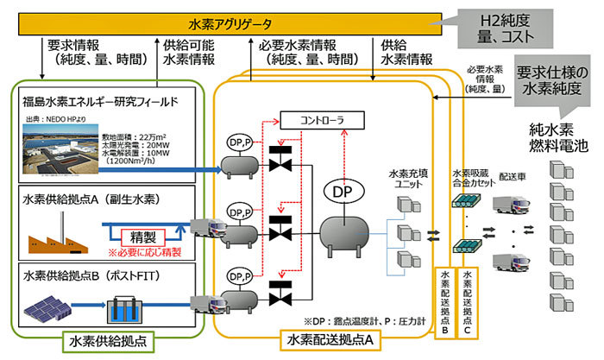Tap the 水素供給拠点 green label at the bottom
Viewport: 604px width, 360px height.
[x=104, y=340]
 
